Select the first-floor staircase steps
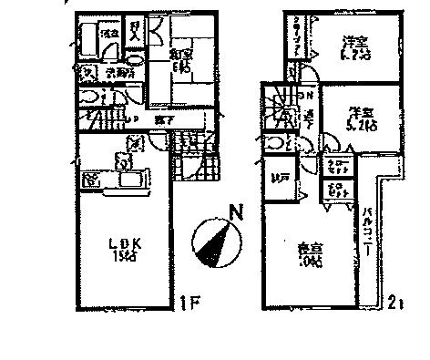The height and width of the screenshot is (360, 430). pyautogui.click(x=107, y=120)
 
